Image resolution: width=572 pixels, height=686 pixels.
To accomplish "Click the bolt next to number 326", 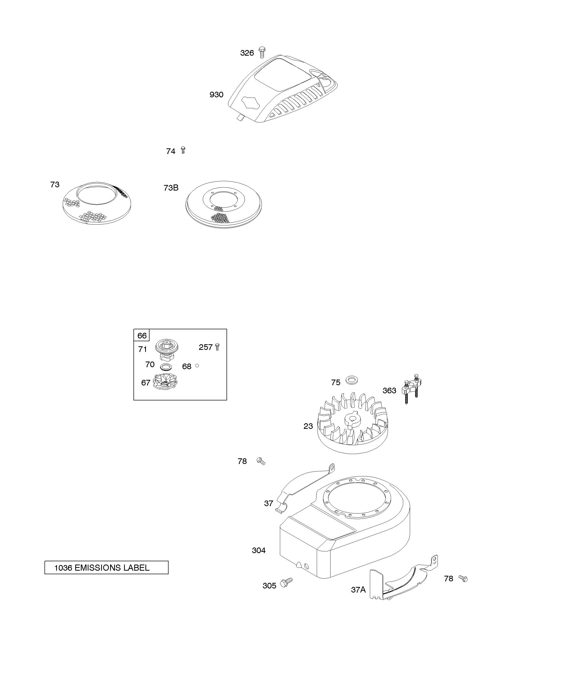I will click(x=262, y=52).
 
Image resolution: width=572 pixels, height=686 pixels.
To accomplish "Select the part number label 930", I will click(x=216, y=95).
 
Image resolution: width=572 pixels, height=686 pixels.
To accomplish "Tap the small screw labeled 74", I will click(x=183, y=150).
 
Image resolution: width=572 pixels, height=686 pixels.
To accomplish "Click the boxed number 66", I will click(x=142, y=335).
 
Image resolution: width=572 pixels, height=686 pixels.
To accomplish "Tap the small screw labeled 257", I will click(x=218, y=347).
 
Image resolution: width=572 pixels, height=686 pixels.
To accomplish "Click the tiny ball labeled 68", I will click(x=197, y=366).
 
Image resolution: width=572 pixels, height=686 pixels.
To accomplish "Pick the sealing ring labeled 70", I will click(x=167, y=366).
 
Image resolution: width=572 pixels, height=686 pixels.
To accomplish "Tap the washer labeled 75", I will click(x=352, y=380).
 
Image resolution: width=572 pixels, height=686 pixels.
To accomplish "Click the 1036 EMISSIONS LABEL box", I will click(x=106, y=567).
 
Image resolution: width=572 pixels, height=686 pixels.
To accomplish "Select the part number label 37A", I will click(x=358, y=590).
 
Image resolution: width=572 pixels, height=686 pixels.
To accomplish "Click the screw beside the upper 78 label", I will click(x=261, y=461).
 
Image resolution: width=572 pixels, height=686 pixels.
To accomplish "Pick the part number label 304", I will click(x=259, y=550).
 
